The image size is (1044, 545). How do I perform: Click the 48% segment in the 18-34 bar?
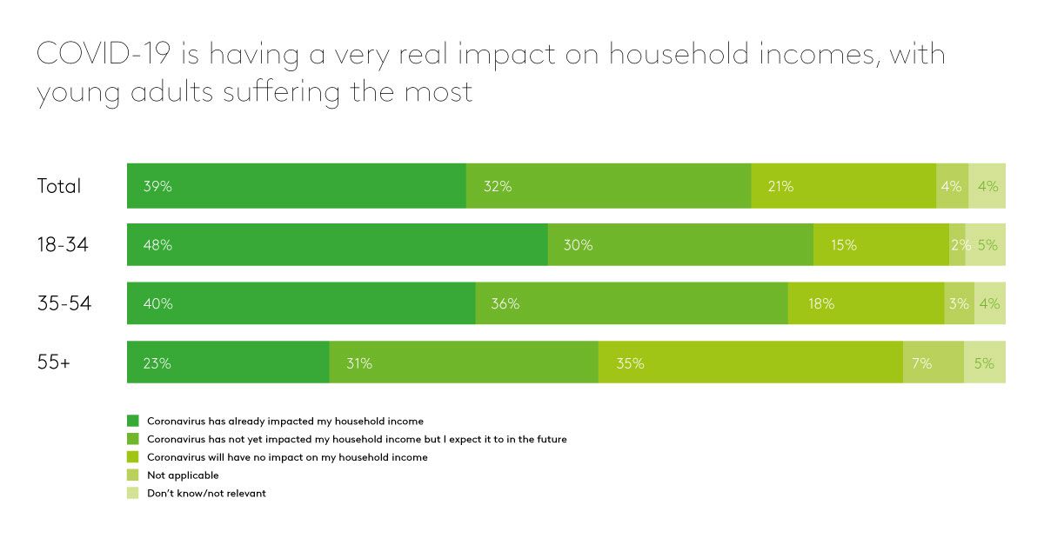337,245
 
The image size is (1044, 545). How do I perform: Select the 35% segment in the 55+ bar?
750,363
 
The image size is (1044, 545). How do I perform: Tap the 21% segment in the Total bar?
843,186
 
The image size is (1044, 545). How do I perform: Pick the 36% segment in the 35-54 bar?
632,304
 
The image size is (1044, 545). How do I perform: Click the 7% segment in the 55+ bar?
933,363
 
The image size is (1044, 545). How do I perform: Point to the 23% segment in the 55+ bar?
228,363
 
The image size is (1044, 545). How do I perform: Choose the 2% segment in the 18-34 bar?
957,245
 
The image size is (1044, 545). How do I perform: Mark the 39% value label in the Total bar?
157,186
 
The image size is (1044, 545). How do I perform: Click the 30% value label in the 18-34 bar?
578,246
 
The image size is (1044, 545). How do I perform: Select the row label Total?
59,186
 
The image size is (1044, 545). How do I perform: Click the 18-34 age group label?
63,246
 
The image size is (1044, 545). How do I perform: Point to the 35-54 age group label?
64,304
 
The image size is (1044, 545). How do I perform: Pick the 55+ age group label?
54,363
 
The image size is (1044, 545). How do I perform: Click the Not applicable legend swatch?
132,475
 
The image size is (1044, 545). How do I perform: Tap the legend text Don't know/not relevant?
207,494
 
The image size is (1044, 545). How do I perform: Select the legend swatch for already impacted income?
132,422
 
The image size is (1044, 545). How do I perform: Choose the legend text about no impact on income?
287,457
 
